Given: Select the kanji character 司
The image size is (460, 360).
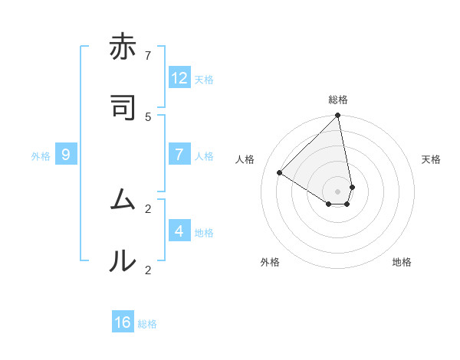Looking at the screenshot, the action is click(x=122, y=108).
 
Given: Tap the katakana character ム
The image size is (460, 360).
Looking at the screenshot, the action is click(x=122, y=200).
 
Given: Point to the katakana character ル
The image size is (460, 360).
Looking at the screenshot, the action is click(x=122, y=261).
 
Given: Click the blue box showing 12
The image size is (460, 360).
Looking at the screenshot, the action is click(x=179, y=78).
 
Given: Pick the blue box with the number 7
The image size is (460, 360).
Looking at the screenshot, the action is click(x=179, y=155).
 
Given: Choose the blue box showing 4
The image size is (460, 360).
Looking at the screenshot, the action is click(x=179, y=231).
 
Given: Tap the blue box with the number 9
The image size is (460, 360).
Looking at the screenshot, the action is click(x=66, y=155).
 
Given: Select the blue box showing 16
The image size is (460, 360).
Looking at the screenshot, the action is click(x=123, y=322).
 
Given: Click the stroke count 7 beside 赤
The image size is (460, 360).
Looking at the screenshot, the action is click(x=148, y=55).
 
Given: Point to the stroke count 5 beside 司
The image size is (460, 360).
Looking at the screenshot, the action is click(x=148, y=116).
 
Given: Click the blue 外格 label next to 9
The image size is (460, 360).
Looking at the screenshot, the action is click(x=41, y=156).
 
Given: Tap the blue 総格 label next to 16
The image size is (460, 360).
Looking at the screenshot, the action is click(x=147, y=324).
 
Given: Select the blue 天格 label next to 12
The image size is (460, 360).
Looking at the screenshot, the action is click(x=204, y=80).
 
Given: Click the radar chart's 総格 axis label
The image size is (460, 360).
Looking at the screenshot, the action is click(x=338, y=100).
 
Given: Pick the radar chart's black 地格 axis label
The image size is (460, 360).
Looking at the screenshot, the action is click(x=402, y=262).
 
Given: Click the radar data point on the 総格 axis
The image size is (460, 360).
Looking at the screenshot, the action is click(x=338, y=116).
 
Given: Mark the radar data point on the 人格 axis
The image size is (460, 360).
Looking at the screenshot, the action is click(x=280, y=173).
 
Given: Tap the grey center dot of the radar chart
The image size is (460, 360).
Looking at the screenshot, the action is click(x=338, y=191).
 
